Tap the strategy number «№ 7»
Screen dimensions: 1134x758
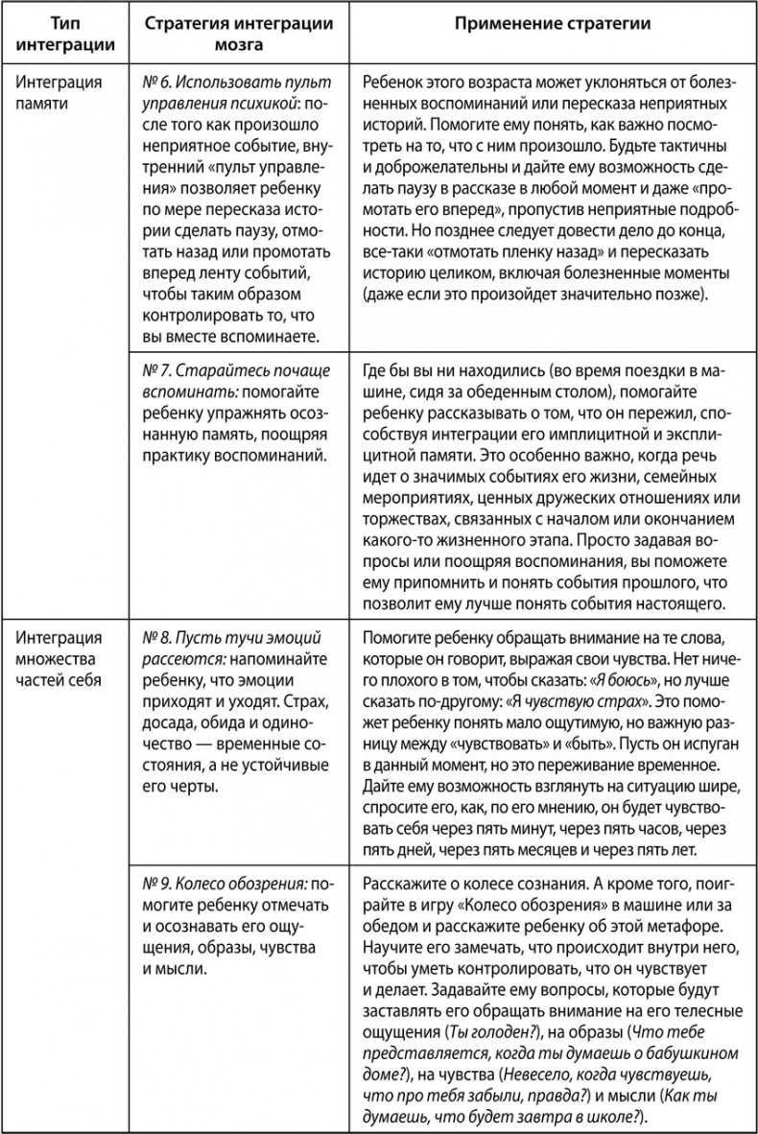click(154, 371)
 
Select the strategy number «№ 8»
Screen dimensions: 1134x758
click(154, 637)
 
